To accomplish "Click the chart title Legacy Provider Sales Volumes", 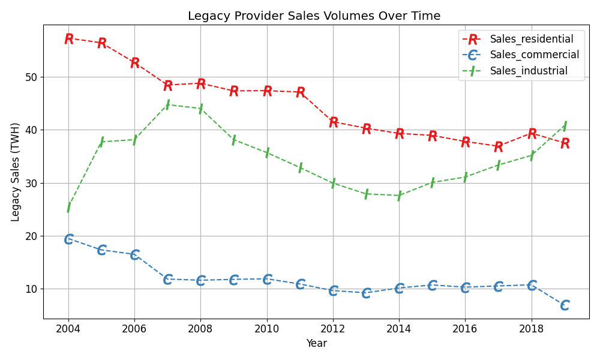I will (x=314, y=16).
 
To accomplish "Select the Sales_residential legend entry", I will (x=531, y=40).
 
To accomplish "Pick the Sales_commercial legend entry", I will (x=534, y=55).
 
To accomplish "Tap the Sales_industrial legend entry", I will (x=528, y=71).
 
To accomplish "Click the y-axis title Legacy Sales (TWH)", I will (x=16, y=172).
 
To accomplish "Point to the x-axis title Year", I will (x=316, y=344).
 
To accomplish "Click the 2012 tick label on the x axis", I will (x=333, y=329).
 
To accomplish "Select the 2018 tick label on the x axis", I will (x=531, y=329).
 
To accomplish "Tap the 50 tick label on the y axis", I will (x=31, y=77).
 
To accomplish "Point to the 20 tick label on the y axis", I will (x=31, y=236).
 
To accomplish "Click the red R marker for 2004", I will (x=68, y=39).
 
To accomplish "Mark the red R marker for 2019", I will (x=565, y=144).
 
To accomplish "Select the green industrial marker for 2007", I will (x=167, y=104).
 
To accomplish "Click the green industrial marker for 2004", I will (x=68, y=208).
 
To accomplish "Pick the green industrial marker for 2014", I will (x=399, y=196).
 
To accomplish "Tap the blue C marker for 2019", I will (x=565, y=305).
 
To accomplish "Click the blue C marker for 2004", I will (x=68, y=239).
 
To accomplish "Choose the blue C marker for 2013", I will (x=366, y=293).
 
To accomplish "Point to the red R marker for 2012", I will (x=333, y=122).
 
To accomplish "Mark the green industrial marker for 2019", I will (x=565, y=125).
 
